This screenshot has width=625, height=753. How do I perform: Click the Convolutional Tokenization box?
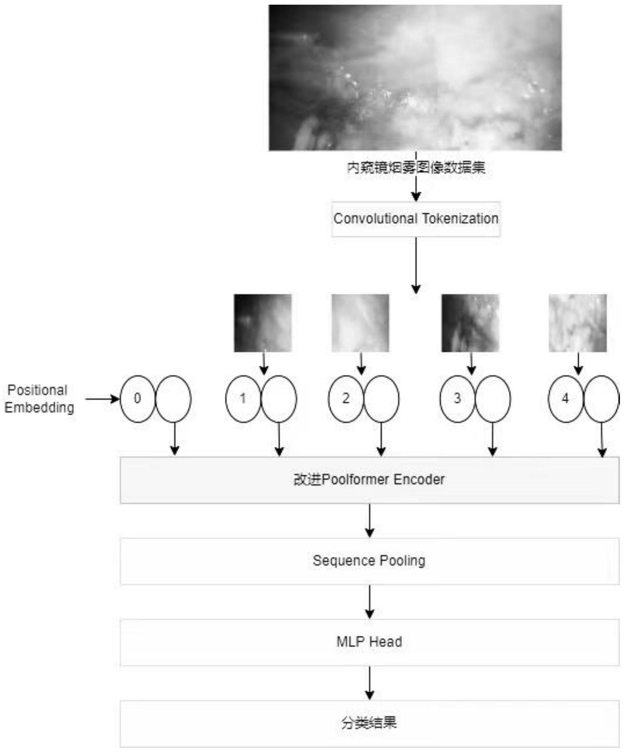[x=416, y=219]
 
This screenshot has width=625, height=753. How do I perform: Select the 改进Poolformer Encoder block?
[x=369, y=480]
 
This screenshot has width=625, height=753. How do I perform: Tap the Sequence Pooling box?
[x=369, y=561]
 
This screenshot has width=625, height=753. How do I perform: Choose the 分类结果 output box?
[x=369, y=723]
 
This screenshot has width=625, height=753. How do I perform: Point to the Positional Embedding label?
[x=39, y=399]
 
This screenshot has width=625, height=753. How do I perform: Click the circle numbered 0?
[x=137, y=399]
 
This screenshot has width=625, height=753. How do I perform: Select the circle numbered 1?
[x=242, y=399]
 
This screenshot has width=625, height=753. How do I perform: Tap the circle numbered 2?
[x=346, y=399]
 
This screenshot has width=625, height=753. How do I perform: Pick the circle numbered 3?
[x=457, y=399]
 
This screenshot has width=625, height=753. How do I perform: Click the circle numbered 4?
[x=565, y=399]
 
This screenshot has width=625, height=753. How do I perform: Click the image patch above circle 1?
[x=263, y=323]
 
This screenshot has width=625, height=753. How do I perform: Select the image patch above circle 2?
[x=360, y=323]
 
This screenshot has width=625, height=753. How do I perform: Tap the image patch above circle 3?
[x=470, y=323]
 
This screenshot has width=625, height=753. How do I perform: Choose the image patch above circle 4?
[x=578, y=323]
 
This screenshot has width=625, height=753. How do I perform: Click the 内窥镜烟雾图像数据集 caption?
[x=416, y=168]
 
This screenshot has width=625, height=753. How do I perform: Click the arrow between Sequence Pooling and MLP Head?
[x=369, y=602]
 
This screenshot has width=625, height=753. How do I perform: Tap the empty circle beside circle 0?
[x=173, y=399]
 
